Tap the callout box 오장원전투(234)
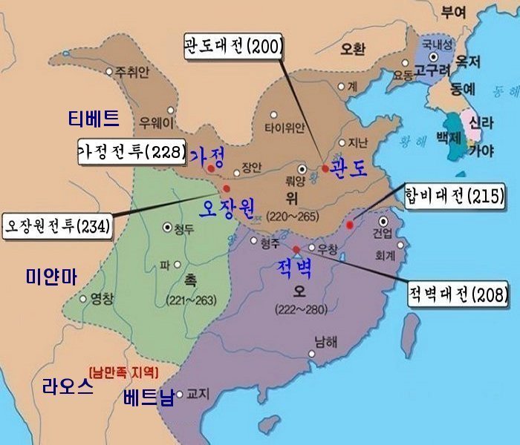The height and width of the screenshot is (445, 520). tap(56, 224)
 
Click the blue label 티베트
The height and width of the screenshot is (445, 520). tap(92, 118)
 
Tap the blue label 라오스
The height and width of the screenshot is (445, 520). tap(68, 387)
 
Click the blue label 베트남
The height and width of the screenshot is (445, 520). tap(147, 398)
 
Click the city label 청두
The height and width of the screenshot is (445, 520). tap(186, 229)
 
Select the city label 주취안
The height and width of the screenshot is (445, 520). tap(131, 72)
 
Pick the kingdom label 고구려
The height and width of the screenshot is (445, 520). tap(430, 72)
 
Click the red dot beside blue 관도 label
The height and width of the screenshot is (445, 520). tap(325, 168)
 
